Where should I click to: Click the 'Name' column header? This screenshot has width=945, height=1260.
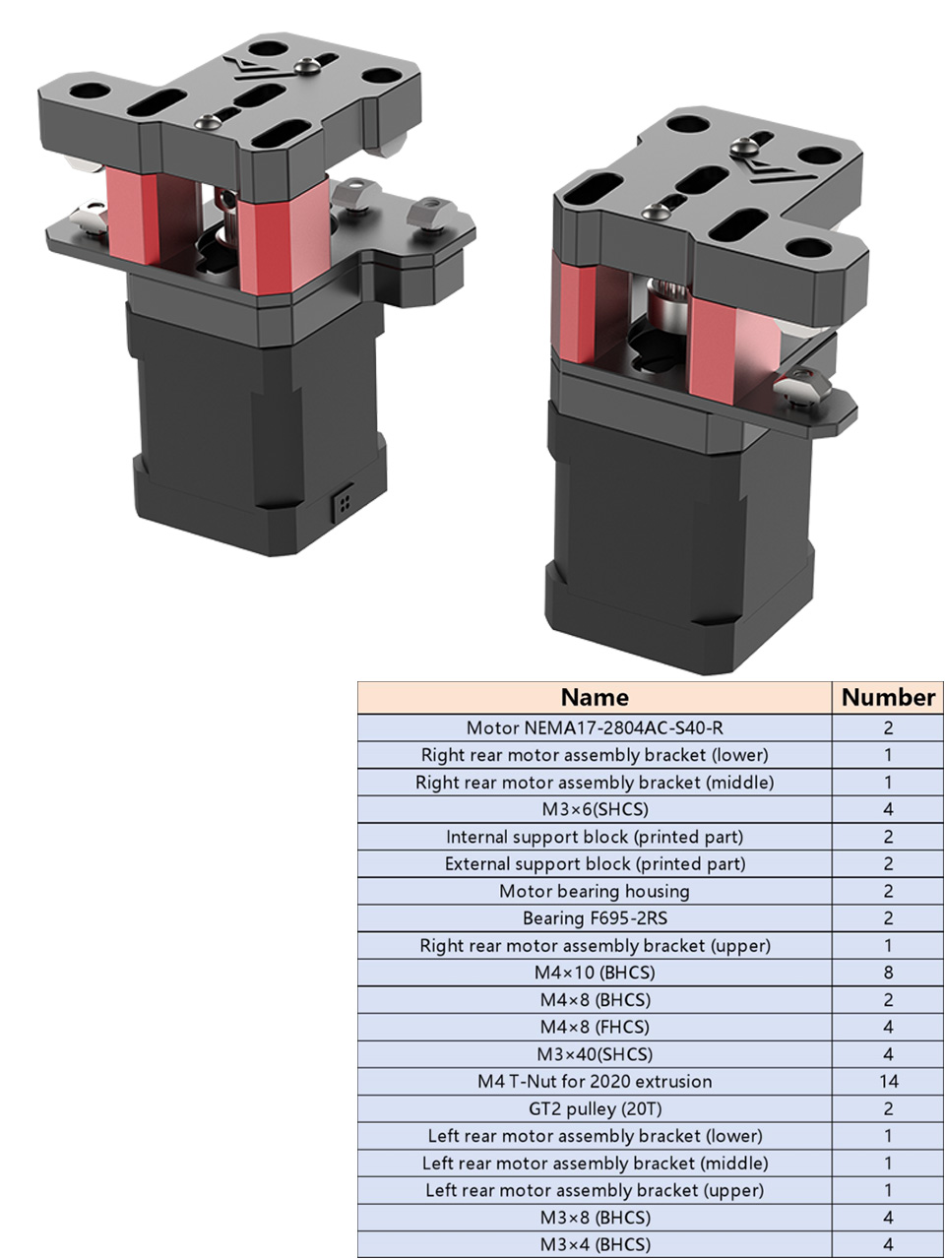point(595,698)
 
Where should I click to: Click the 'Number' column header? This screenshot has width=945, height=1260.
point(888,698)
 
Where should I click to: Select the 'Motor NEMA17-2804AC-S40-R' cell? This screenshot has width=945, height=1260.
point(595,727)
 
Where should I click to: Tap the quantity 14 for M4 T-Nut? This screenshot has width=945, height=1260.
point(888,1082)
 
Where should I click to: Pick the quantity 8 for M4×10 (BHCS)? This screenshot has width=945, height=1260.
point(888,973)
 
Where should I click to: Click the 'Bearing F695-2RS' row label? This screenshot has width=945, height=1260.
point(595,918)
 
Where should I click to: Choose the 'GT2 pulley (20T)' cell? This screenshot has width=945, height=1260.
point(595,1108)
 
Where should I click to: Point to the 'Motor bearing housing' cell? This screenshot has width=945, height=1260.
point(595,891)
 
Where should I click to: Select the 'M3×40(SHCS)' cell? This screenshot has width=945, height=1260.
point(595,1054)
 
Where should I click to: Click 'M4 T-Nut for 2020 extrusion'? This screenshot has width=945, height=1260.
point(595,1082)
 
